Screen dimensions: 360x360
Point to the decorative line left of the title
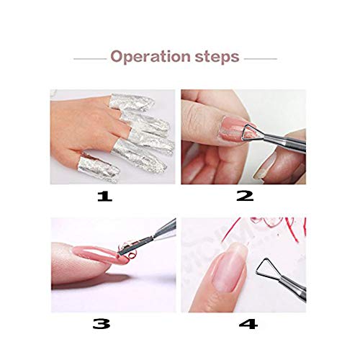pyautogui.click(x=89, y=58)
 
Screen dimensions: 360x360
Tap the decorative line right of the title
pyautogui.click(x=261, y=58)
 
